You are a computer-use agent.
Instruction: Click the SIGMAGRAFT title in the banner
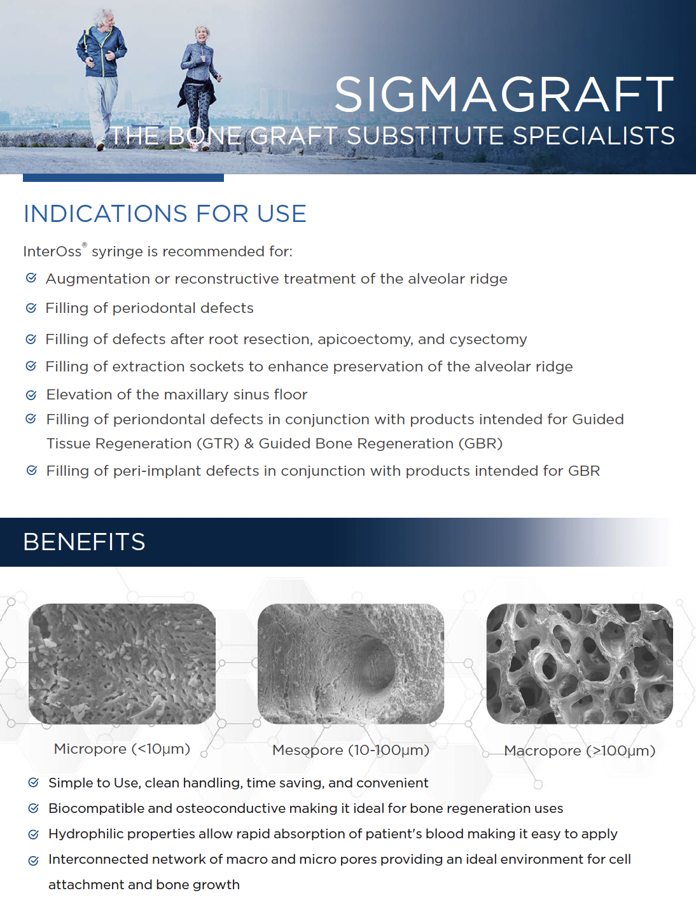click(x=505, y=94)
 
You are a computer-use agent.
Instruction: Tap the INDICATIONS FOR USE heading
click(x=165, y=214)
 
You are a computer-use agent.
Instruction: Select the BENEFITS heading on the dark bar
click(x=84, y=542)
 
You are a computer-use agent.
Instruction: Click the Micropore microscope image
click(x=122, y=663)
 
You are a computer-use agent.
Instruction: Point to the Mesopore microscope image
click(x=351, y=663)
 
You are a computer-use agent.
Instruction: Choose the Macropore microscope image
click(x=580, y=663)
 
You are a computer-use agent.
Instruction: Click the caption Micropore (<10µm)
click(x=122, y=749)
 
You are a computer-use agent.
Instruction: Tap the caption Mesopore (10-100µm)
click(x=351, y=750)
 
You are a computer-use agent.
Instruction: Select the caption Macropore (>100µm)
click(x=580, y=751)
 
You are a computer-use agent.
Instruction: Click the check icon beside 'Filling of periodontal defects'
click(x=31, y=308)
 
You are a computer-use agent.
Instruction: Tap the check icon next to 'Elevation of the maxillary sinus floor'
click(x=31, y=395)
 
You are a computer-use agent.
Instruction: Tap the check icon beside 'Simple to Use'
click(x=34, y=782)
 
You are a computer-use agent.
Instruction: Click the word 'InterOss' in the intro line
click(x=53, y=251)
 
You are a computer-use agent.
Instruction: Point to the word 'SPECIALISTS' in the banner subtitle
click(x=594, y=135)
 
